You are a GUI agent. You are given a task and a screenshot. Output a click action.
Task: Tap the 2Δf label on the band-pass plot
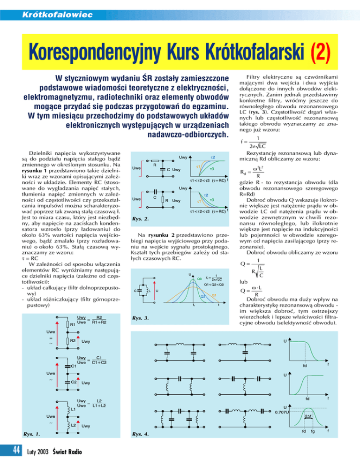(308, 417)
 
